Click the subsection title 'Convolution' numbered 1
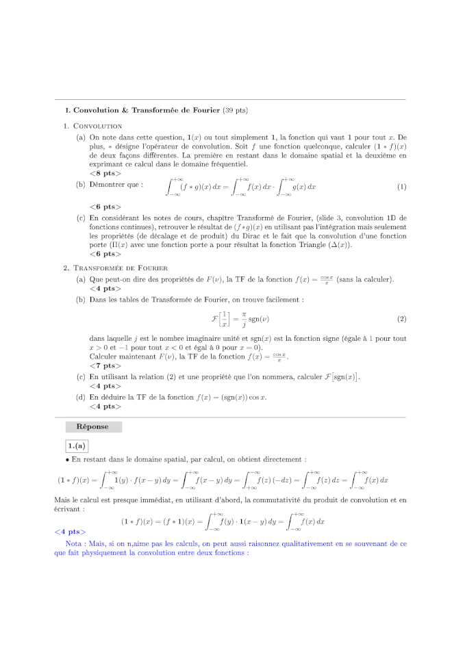point(97,126)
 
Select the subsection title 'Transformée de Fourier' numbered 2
point(120,268)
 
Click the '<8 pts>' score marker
point(105,173)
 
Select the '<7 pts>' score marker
point(105,366)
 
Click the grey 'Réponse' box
point(92,426)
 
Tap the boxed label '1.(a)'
point(77,446)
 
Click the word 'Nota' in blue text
point(75,543)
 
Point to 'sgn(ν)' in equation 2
point(249,320)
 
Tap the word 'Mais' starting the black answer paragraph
point(61,500)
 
